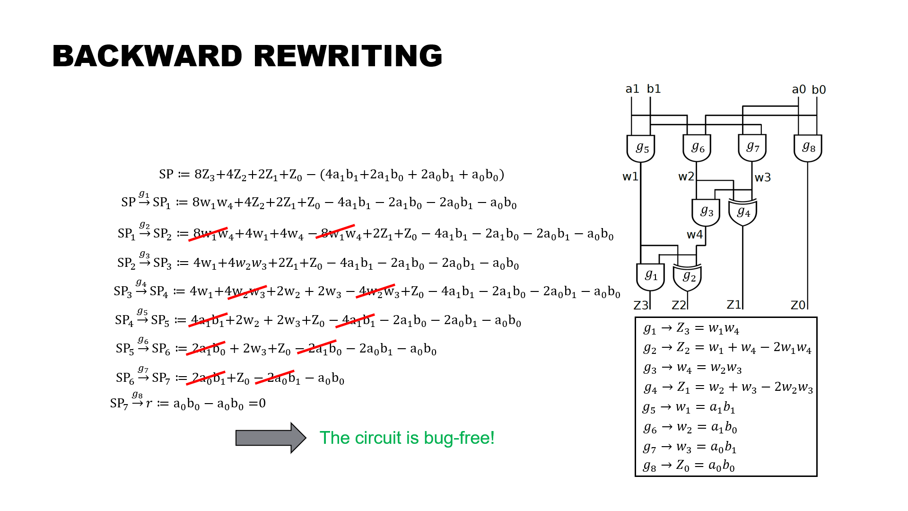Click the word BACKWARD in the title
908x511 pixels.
click(148, 56)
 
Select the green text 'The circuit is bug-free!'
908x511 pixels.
click(407, 438)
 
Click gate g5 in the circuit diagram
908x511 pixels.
click(641, 148)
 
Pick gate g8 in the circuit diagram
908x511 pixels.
click(808, 148)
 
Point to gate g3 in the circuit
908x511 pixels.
click(706, 212)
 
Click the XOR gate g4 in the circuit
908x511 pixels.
click(742, 212)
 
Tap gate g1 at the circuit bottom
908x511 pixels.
click(650, 276)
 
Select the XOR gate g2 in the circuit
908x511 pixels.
click(688, 277)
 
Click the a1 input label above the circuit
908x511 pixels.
click(632, 89)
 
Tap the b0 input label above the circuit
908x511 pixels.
click(819, 90)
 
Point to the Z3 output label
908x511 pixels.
click(641, 305)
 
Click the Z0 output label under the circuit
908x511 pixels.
click(798, 305)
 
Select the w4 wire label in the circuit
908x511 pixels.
click(694, 235)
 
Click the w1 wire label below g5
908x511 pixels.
click(630, 177)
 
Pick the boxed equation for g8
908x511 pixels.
click(689, 466)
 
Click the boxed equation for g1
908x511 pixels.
click(691, 328)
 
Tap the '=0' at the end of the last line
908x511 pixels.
click(257, 404)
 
